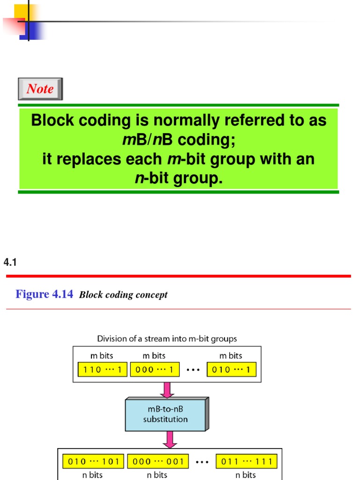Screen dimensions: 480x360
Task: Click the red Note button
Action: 40,89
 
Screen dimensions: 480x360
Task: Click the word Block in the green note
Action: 52,121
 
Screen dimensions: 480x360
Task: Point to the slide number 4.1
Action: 10,263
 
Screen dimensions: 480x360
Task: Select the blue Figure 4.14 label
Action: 45,294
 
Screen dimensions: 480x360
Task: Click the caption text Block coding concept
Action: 123,295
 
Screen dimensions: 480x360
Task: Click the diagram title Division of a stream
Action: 166,338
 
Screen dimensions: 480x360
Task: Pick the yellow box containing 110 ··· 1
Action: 102,369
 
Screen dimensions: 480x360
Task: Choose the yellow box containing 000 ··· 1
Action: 154,369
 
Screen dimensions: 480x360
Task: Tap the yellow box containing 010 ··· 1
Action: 232,369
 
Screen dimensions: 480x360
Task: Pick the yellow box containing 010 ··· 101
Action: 94,461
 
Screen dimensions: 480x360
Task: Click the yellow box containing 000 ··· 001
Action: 157,461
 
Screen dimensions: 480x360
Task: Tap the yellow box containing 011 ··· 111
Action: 246,461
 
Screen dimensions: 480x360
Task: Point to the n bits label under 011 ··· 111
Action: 246,475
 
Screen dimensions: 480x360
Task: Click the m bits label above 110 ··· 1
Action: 102,356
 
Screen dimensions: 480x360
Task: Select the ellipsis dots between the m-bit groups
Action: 193,370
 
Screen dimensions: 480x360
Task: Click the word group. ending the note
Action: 197,179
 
